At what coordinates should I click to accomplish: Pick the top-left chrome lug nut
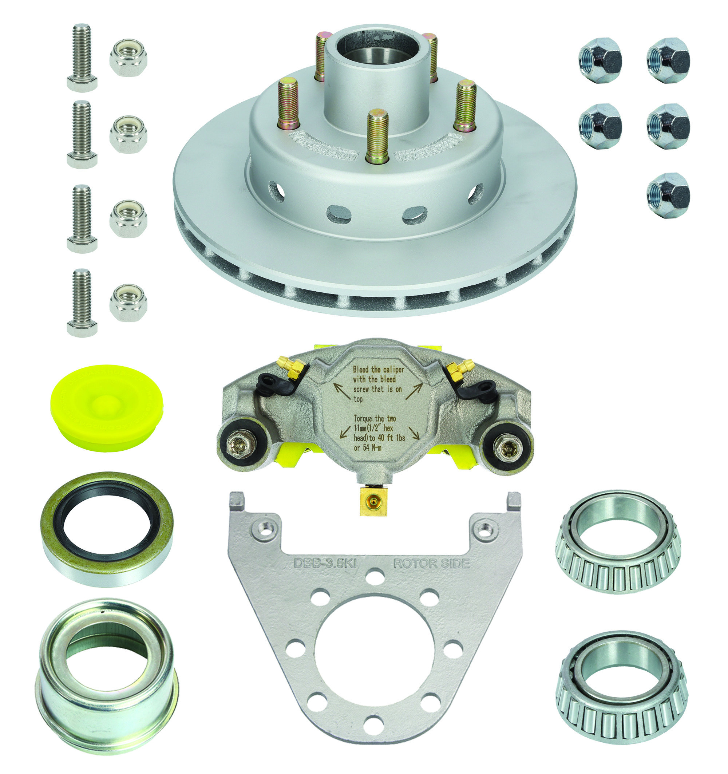tap(600, 60)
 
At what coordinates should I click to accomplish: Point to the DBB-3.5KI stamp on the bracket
tap(324, 563)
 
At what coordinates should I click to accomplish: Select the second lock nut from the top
tap(128, 134)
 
